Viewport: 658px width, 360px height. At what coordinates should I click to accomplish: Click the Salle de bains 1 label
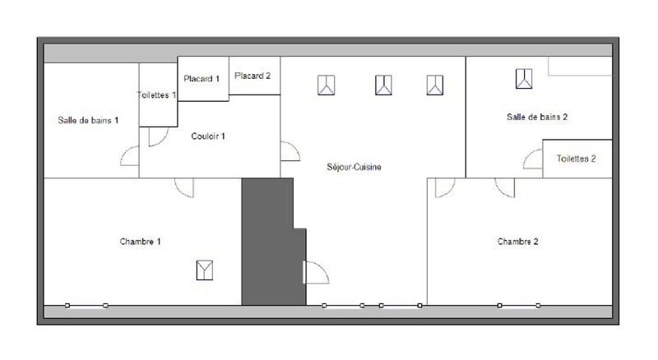(x=88, y=120)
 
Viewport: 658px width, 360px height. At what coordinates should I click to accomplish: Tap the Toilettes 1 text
(x=156, y=95)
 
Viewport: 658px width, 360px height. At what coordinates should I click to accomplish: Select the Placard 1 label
(x=202, y=79)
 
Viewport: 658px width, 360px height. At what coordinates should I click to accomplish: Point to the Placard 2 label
(x=253, y=76)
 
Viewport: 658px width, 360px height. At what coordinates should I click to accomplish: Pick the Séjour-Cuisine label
(x=354, y=167)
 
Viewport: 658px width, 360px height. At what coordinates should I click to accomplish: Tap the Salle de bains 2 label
(x=537, y=117)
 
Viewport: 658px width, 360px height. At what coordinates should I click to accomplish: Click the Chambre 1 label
(x=140, y=242)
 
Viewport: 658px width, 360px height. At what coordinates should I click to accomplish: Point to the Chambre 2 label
(x=518, y=242)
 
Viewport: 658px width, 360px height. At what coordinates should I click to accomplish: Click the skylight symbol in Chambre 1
(x=205, y=270)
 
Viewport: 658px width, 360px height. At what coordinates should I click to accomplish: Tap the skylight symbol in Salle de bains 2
(x=524, y=79)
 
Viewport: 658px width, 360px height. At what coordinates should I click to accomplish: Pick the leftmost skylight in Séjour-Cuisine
(x=327, y=84)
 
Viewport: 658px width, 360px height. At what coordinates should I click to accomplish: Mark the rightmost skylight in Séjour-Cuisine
(x=435, y=84)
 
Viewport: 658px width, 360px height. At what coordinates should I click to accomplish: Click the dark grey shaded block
(x=268, y=242)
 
